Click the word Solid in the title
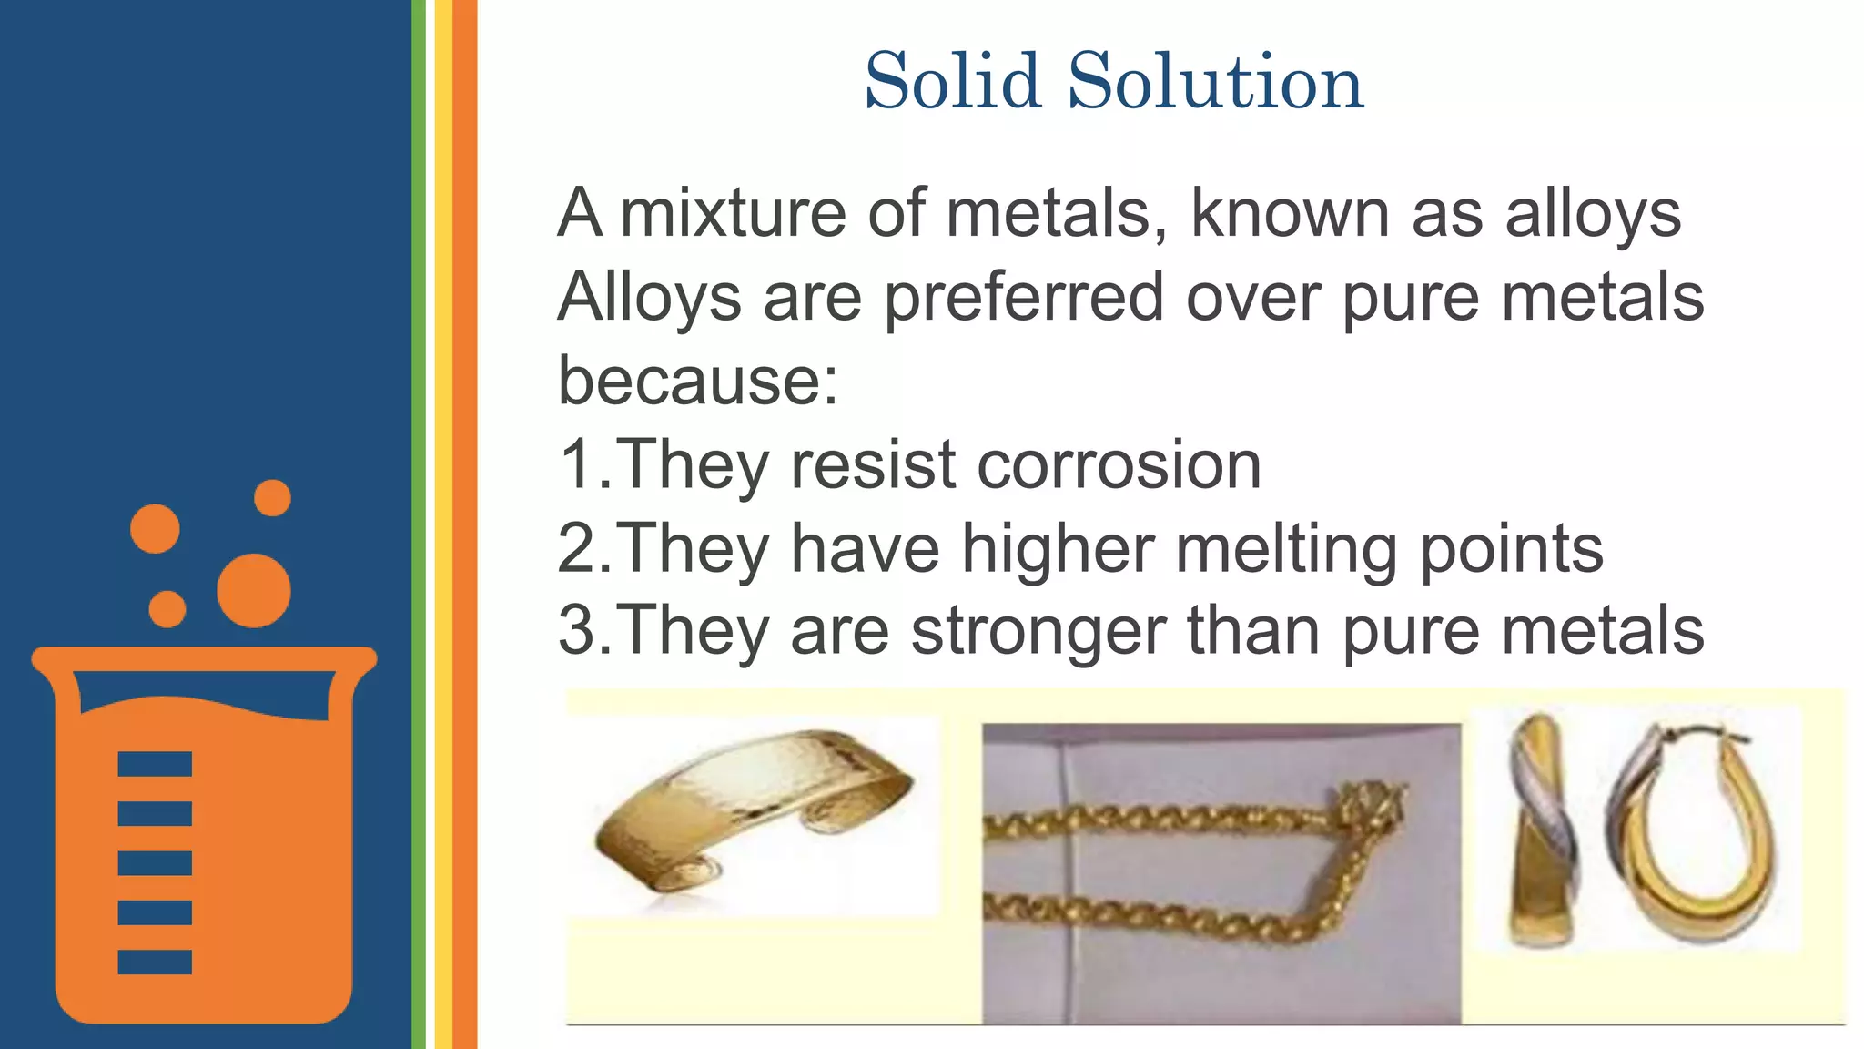(953, 82)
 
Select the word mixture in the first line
(733, 214)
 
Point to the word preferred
(1024, 299)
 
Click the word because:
(697, 381)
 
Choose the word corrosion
(1119, 464)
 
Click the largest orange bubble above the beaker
(254, 590)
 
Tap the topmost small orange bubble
(272, 497)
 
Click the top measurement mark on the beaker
(155, 764)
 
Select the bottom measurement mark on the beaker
(155, 962)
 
